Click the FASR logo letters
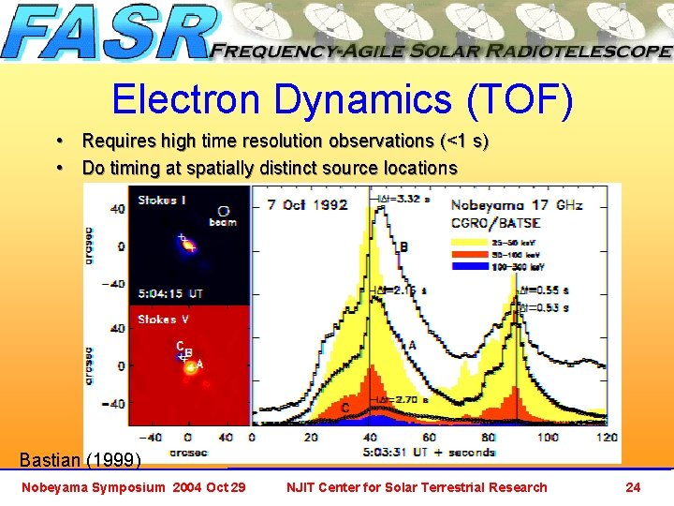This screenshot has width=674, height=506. point(108,35)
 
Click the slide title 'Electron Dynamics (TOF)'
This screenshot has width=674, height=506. point(341,100)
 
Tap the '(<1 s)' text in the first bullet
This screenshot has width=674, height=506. point(464,141)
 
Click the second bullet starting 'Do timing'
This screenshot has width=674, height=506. point(270,168)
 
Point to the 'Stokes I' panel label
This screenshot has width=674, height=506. point(163,199)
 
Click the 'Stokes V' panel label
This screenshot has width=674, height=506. point(164,320)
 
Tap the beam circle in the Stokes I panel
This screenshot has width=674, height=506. point(223,211)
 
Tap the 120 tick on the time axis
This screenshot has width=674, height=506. point(608,438)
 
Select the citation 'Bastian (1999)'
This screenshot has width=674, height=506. point(81,459)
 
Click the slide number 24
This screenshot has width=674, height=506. point(633,486)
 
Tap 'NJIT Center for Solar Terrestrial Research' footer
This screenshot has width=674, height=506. point(418,486)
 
